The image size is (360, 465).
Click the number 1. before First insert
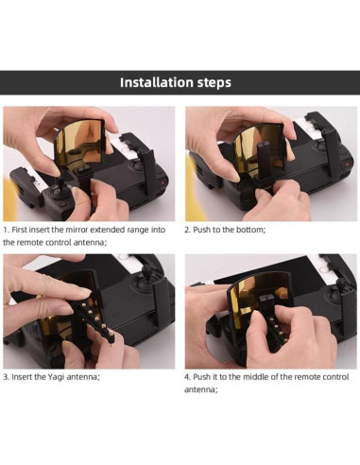point(7,229)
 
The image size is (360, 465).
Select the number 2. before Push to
point(188,229)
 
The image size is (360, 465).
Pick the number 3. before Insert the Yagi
point(7,376)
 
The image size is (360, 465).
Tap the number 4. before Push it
point(188,376)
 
